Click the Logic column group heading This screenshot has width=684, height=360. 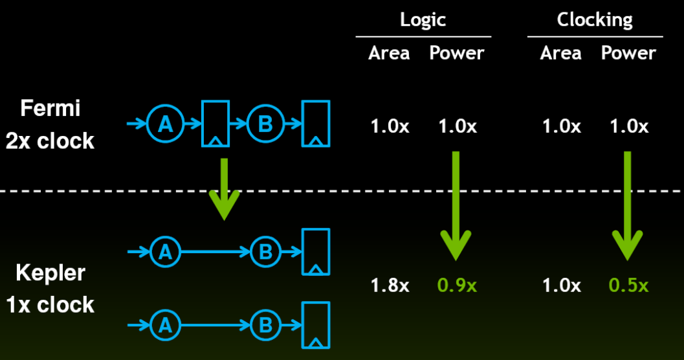[423, 20]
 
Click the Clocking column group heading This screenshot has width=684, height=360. [595, 20]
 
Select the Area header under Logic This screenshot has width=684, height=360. [389, 53]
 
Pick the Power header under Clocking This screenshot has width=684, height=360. [628, 53]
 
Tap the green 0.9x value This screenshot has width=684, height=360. [457, 286]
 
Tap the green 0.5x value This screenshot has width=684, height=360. [628, 286]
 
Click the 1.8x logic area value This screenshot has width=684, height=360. [390, 286]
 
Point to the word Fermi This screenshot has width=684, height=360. [50, 107]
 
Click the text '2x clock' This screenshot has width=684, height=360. [50, 141]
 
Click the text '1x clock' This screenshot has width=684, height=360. [50, 304]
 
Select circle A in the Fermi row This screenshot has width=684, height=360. [165, 124]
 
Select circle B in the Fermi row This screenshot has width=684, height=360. [266, 124]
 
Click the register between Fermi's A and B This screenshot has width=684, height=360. [215, 124]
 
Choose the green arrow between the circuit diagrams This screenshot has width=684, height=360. [224, 189]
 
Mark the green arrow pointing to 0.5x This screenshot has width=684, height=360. [627, 205]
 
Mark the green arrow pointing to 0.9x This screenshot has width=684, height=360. [456, 205]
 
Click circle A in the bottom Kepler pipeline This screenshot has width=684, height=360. [165, 325]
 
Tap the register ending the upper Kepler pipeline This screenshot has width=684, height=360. [316, 252]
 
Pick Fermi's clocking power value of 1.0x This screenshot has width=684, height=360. [628, 126]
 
